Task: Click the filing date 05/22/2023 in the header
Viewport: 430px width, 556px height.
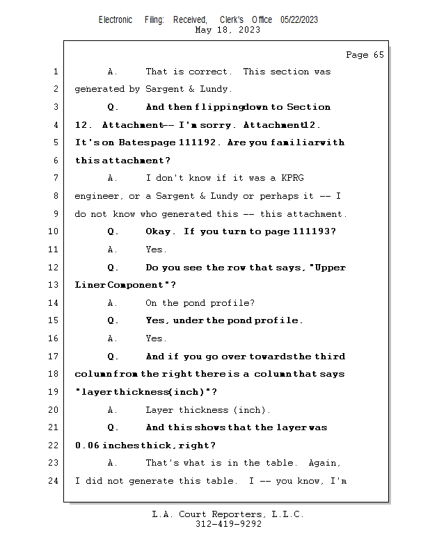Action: coord(299,20)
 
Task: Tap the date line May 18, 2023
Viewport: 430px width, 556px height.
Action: coord(228,30)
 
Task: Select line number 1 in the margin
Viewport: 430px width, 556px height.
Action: coord(56,72)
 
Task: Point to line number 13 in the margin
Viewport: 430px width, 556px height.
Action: coord(54,285)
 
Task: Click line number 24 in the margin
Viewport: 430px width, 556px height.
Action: coord(54,481)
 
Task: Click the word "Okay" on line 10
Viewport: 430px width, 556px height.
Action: coord(159,231)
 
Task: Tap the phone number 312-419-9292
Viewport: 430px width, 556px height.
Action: coord(228,524)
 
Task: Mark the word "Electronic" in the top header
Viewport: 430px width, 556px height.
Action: coord(116,20)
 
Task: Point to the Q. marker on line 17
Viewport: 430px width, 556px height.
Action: coord(113,357)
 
